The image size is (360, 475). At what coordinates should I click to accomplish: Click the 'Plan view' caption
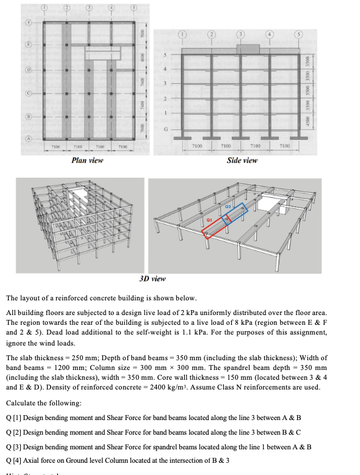tap(87, 160)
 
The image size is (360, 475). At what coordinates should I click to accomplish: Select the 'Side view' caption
tap(242, 160)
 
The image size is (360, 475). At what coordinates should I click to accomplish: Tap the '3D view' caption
tap(153, 278)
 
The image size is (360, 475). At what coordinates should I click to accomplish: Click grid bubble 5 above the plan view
tap(132, 8)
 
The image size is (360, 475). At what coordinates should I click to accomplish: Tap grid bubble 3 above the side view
tap(241, 34)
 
